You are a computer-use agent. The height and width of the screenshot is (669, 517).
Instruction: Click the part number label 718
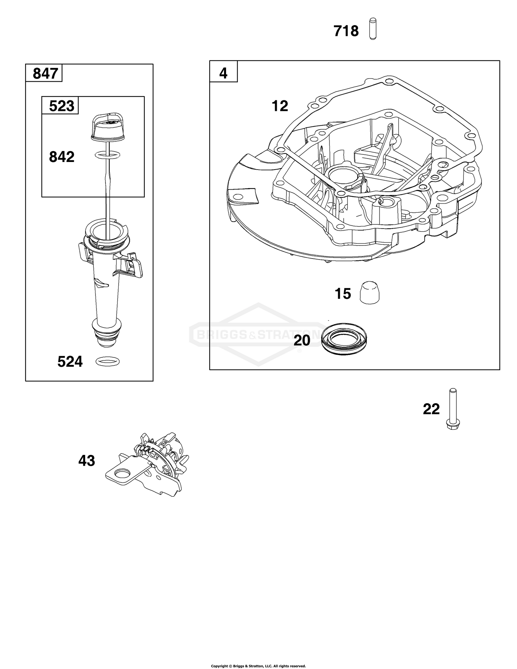[346, 31]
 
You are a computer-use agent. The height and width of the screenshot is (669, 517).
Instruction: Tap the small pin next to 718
[372, 29]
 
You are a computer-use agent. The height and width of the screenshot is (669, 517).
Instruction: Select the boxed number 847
[45, 74]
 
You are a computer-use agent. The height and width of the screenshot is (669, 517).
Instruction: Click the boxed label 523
[61, 106]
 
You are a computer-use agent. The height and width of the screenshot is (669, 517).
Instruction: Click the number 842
[62, 157]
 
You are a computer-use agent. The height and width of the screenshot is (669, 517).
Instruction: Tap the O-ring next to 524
[108, 362]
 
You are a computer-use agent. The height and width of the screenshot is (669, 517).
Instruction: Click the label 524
[70, 362]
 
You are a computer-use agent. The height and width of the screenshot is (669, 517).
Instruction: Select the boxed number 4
[223, 73]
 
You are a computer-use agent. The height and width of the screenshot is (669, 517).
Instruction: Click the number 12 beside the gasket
[280, 106]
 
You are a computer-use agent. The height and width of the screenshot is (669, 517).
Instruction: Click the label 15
[343, 294]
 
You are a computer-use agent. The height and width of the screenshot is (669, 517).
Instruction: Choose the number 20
[302, 341]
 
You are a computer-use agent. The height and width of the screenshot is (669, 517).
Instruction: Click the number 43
[87, 461]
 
